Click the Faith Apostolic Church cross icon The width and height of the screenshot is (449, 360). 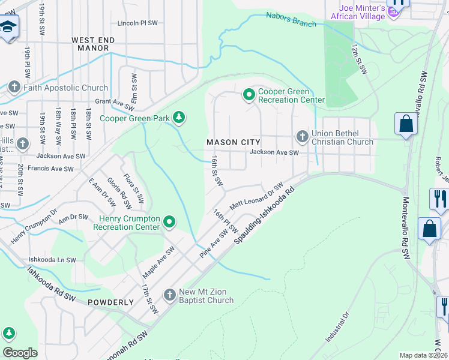coord(15,88)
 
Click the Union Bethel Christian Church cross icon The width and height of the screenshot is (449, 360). coord(302,137)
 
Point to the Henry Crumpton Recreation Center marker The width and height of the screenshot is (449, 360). coord(169,223)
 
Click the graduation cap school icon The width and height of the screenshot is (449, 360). coord(8,27)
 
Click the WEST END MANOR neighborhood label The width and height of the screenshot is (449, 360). coord(93,44)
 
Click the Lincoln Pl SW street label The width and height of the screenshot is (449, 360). coord(137,23)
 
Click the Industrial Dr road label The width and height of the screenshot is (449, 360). coord(337,328)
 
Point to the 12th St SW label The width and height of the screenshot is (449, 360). coord(359,59)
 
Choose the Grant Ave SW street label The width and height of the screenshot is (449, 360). coord(114,106)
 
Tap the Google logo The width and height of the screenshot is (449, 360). coord(20,352)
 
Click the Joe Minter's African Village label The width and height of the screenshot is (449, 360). coord(354,12)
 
